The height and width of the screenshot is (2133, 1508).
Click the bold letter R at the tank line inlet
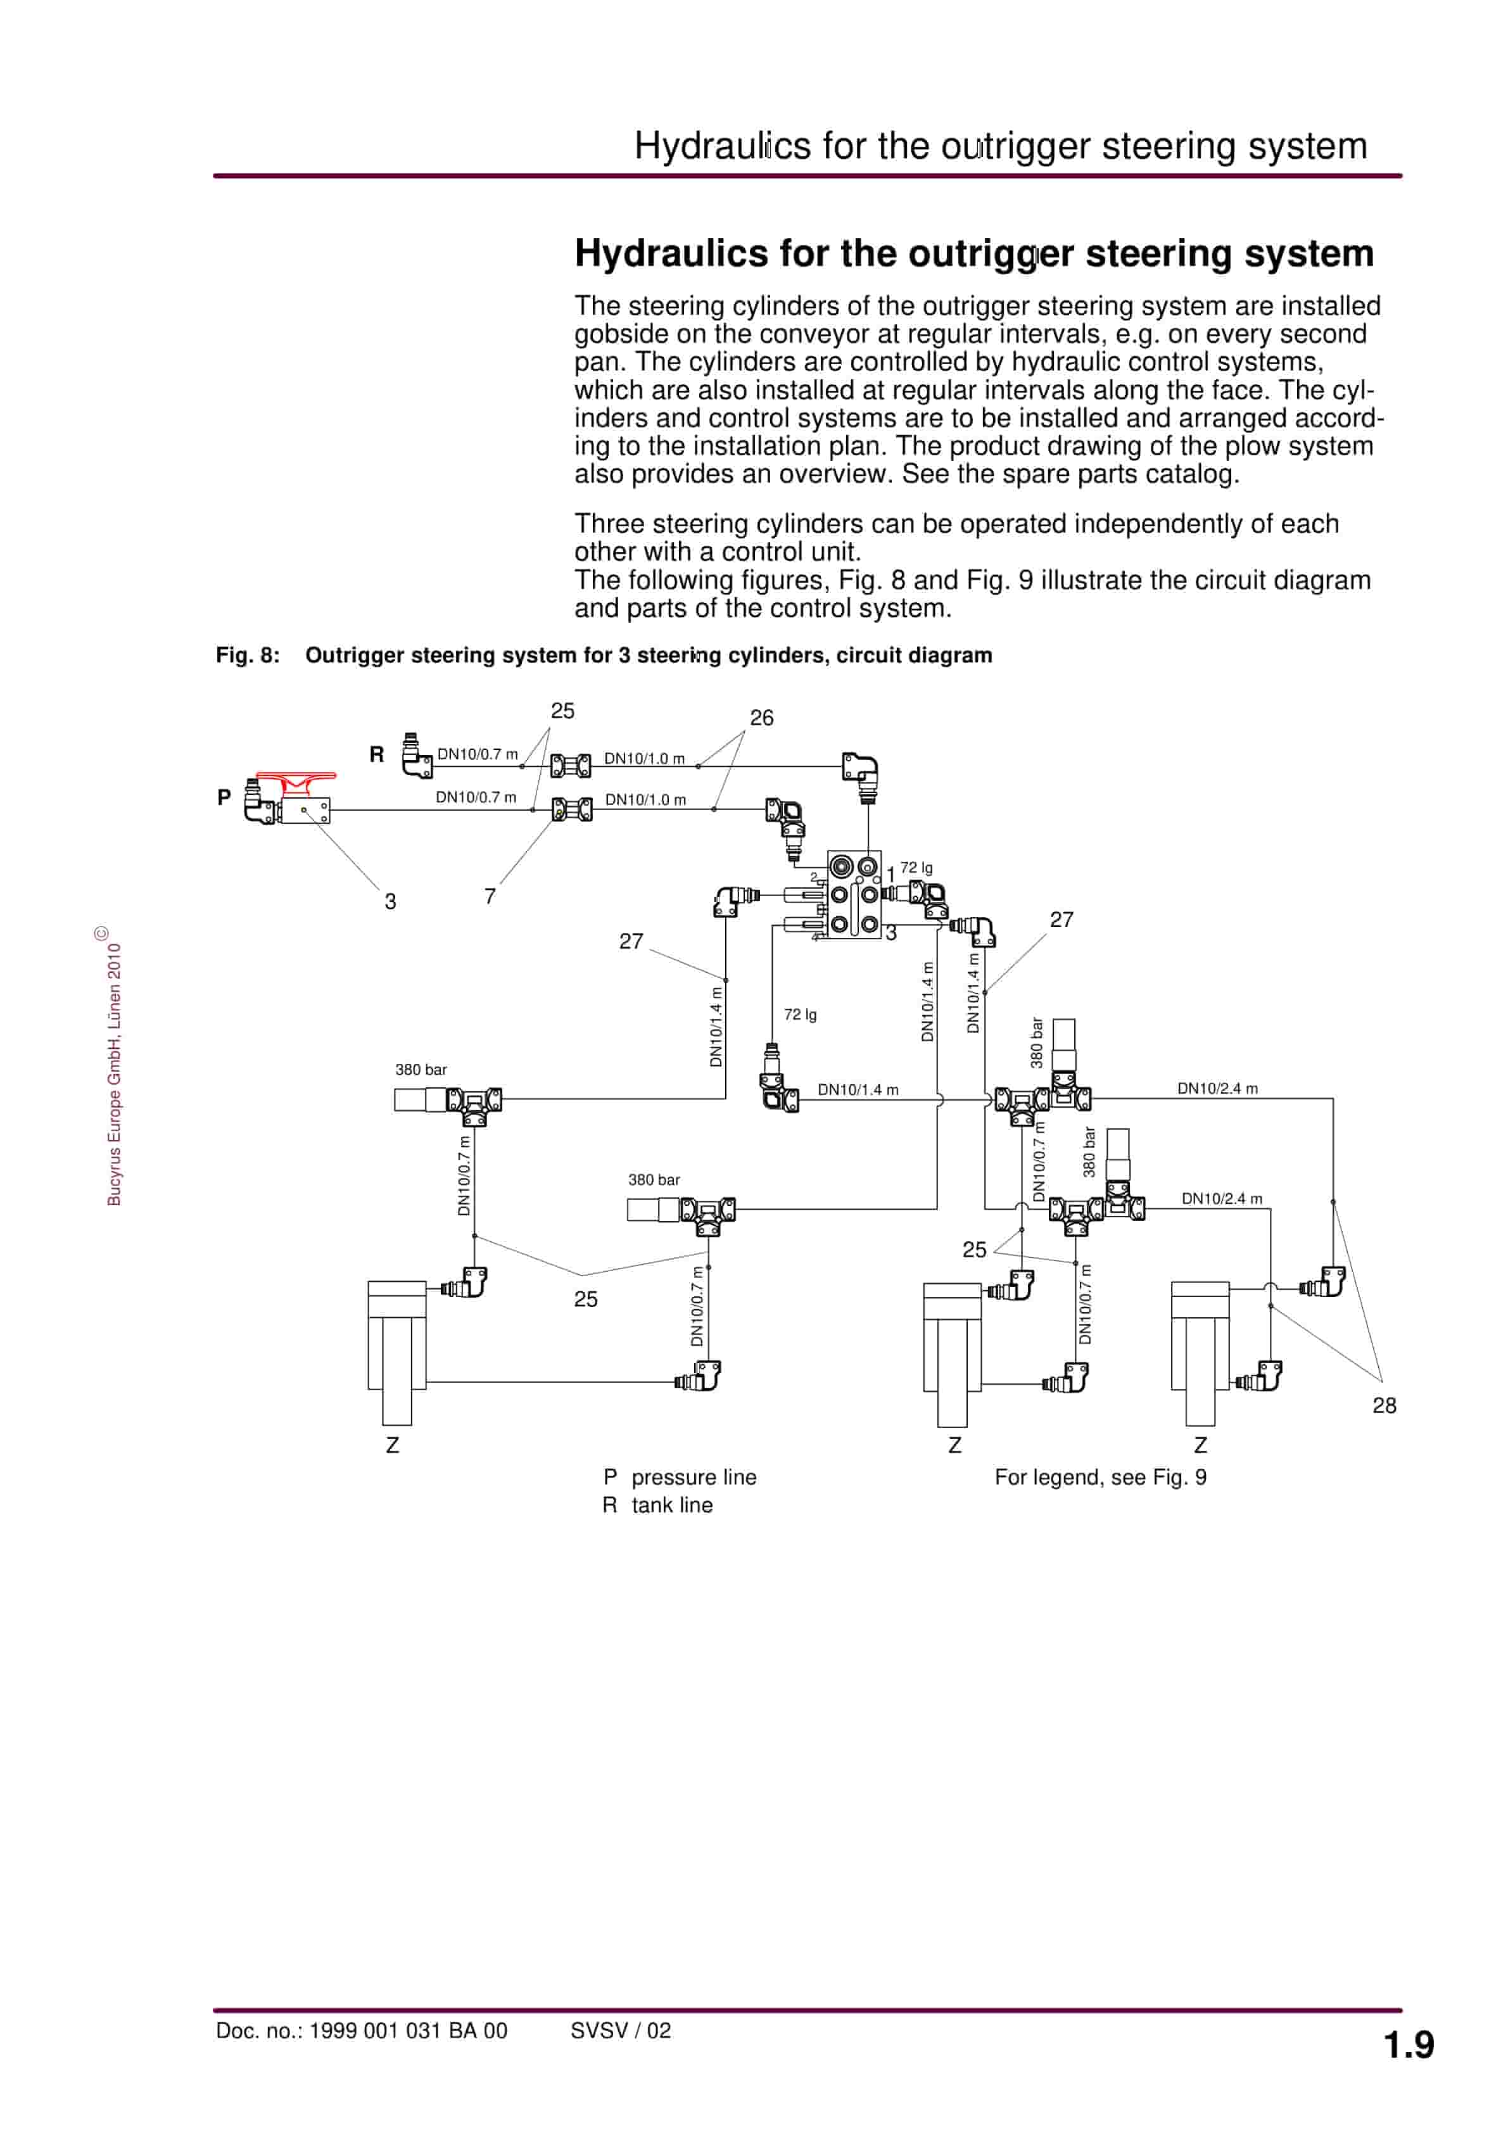(376, 754)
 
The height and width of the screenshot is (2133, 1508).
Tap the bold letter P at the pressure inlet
(224, 797)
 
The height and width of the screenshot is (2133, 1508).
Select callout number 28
(1383, 1405)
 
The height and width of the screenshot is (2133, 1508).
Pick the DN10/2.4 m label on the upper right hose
(1217, 1088)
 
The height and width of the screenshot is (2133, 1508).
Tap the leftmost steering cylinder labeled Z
(396, 1351)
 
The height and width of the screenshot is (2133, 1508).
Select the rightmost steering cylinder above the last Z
(1200, 1351)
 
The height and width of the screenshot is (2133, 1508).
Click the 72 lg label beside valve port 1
(916, 868)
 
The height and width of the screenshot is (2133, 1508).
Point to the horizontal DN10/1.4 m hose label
(858, 1090)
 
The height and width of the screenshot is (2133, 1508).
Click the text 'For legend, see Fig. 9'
(1100, 1477)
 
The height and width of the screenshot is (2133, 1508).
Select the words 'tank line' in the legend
(672, 1505)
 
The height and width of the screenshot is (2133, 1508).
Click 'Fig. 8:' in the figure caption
(247, 655)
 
